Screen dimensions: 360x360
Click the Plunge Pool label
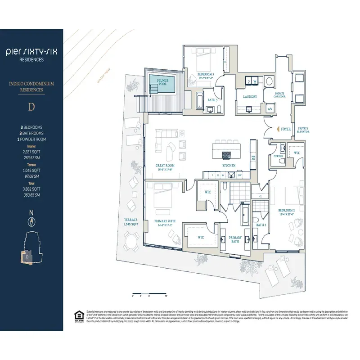coord(163,82)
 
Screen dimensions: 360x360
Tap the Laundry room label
coord(250,96)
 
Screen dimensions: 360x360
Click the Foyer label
coord(286,129)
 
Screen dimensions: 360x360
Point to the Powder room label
coord(278,156)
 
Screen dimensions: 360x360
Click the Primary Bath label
coord(235,239)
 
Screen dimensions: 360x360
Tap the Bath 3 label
coord(212,100)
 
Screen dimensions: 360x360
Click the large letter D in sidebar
coord(31,108)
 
